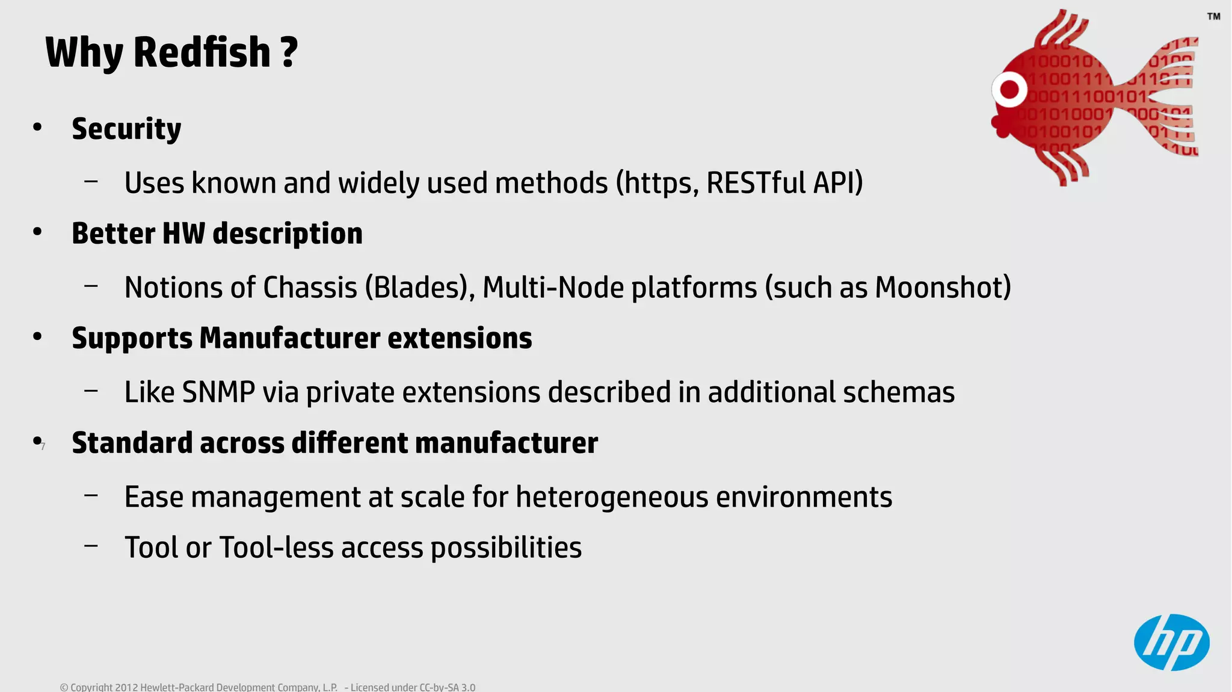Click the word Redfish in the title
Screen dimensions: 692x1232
tap(202, 52)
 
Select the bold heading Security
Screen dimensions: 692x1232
tap(126, 129)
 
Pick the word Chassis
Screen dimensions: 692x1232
tap(310, 288)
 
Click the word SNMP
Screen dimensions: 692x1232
tap(218, 392)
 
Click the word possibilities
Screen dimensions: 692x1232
tap(506, 548)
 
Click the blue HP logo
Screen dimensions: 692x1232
tap(1171, 642)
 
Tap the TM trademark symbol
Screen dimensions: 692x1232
tap(1213, 16)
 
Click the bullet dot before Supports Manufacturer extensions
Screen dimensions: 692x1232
tap(37, 337)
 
